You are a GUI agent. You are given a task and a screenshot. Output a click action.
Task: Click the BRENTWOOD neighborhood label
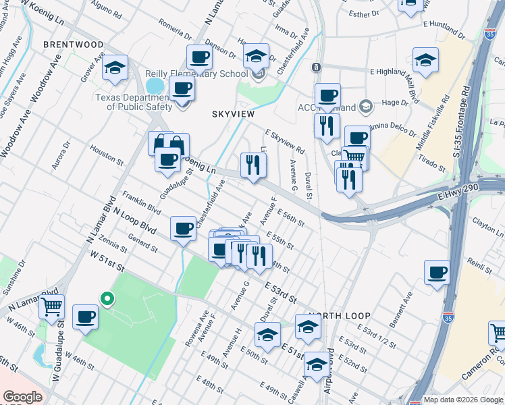pyautogui.click(x=74, y=45)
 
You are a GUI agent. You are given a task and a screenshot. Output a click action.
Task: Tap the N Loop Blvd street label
pyautogui.click(x=135, y=221)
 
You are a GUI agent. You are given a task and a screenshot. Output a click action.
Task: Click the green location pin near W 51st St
pyautogui.click(x=106, y=298)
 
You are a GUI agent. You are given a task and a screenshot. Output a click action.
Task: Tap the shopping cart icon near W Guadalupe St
pyautogui.click(x=51, y=308)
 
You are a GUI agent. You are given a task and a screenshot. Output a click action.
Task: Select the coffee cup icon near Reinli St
pyautogui.click(x=437, y=273)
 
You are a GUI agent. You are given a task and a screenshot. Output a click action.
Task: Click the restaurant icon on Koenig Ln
pyautogui.click(x=253, y=165)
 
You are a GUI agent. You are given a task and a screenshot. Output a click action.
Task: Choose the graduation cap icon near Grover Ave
pyautogui.click(x=115, y=67)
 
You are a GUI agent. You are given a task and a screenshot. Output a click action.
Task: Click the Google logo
pyautogui.click(x=22, y=398)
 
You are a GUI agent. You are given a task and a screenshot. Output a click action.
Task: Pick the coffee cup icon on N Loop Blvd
pyautogui.click(x=183, y=230)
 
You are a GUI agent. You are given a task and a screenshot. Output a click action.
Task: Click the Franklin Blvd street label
pyautogui.click(x=141, y=202)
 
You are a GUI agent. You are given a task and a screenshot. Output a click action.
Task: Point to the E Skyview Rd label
pyautogui.click(x=285, y=141)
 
